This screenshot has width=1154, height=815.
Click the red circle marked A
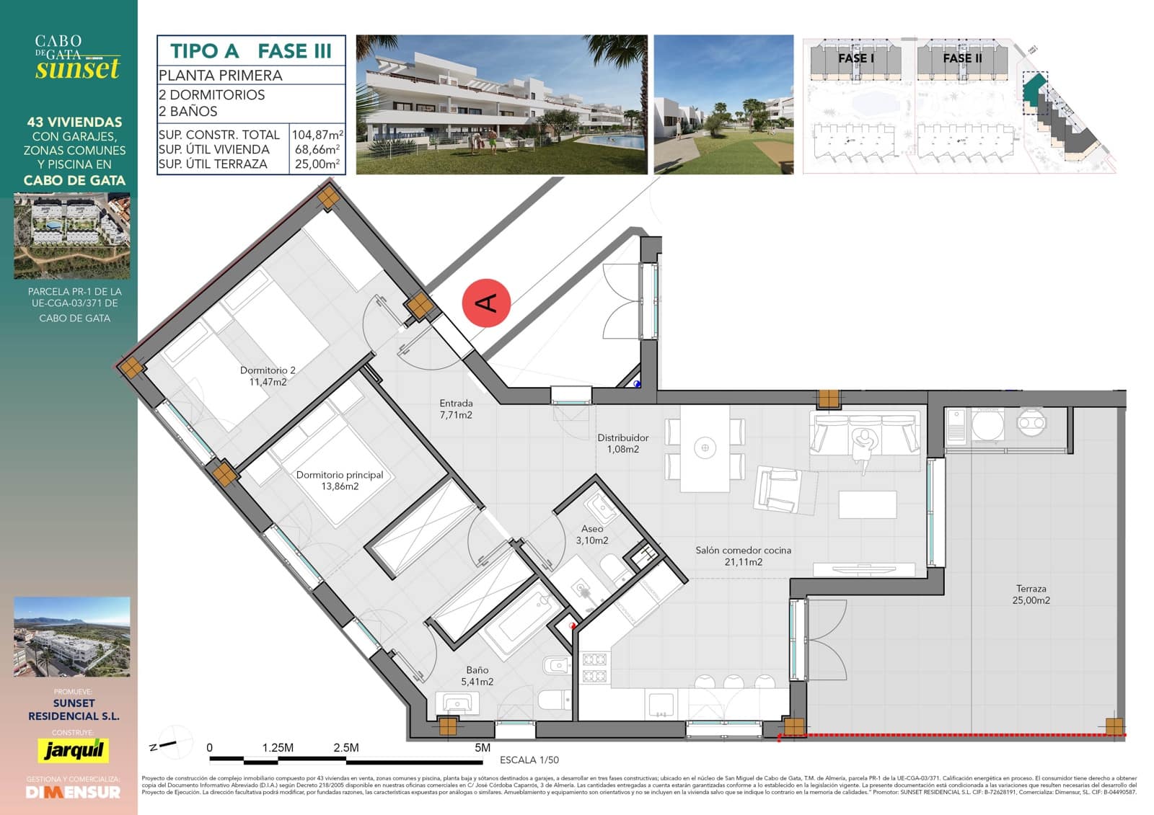(x=487, y=303)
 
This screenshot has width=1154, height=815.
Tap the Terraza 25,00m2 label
(x=1031, y=594)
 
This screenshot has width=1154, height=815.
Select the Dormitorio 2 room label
(x=268, y=376)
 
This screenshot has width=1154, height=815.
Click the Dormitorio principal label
(x=340, y=481)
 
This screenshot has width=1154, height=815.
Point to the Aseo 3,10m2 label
(x=591, y=535)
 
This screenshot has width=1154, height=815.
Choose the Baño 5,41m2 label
(x=477, y=676)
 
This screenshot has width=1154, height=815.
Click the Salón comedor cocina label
(x=743, y=556)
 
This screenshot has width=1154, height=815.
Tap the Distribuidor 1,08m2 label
(x=622, y=443)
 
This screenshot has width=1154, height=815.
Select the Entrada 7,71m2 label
(x=456, y=409)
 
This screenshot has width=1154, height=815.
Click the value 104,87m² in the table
(x=317, y=135)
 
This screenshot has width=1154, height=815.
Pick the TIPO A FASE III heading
(x=251, y=51)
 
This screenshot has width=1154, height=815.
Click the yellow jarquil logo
(x=73, y=750)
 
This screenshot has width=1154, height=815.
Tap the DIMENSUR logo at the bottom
(x=73, y=792)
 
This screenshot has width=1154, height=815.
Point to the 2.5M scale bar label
(x=346, y=747)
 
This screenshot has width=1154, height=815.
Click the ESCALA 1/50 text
(x=529, y=760)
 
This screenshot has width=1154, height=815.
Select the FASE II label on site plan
(x=962, y=58)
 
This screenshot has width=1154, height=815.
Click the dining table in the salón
(x=705, y=447)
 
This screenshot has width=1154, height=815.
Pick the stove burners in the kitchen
(x=595, y=667)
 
